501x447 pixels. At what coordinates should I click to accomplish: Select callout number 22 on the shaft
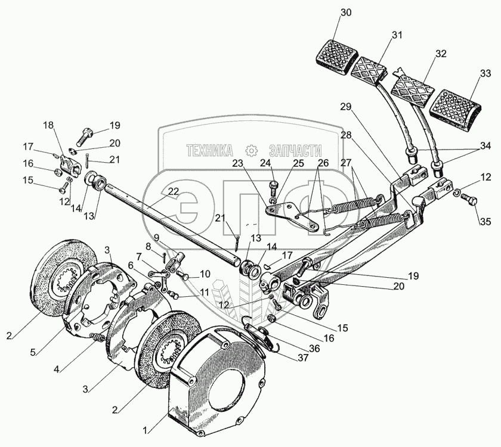pyautogui.click(x=173, y=192)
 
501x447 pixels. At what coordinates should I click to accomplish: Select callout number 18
pyautogui.click(x=48, y=125)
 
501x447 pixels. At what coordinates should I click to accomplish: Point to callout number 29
pyautogui.click(x=347, y=107)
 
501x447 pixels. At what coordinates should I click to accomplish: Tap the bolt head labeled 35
pyautogui.click(x=469, y=202)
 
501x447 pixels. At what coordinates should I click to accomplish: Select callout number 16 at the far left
pyautogui.click(x=28, y=163)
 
